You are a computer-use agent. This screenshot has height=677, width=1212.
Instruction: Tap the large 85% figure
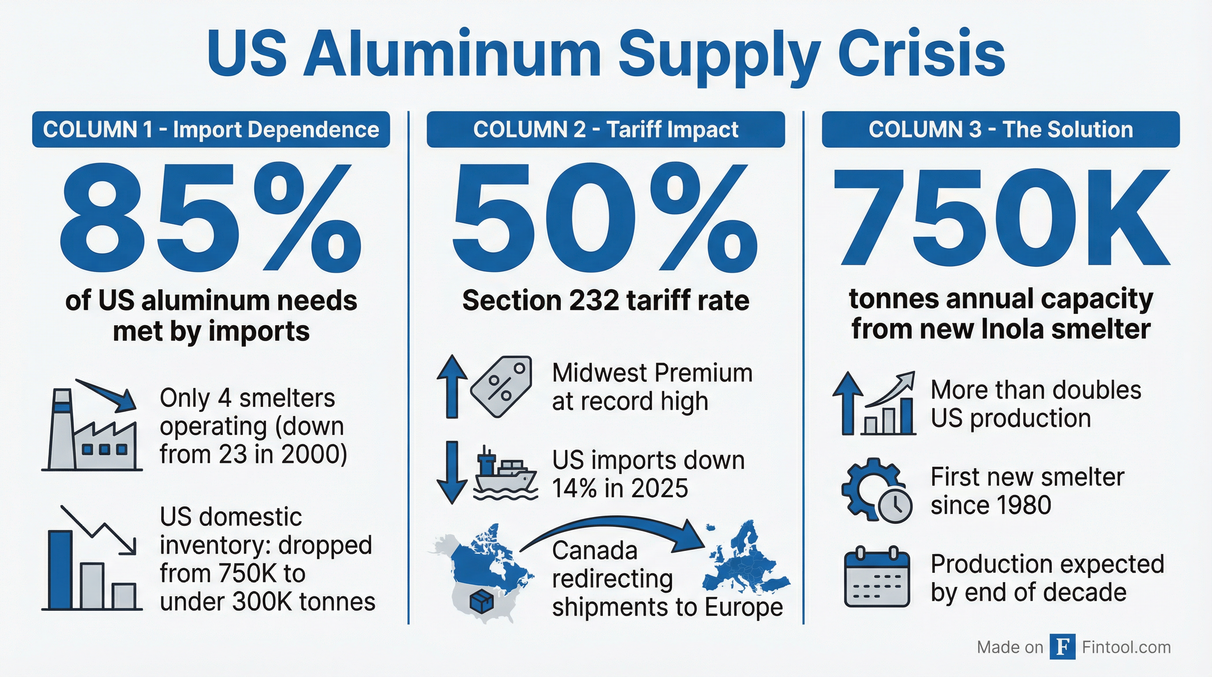[211, 219]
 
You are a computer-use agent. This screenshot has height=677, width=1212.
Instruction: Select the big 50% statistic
[605, 219]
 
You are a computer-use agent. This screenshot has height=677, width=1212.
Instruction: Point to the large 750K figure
[1000, 219]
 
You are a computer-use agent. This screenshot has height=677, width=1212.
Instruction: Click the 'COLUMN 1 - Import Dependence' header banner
[211, 130]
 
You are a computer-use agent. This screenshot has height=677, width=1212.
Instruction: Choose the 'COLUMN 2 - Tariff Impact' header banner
[606, 130]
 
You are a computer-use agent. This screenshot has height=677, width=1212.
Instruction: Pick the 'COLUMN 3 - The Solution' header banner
[1000, 130]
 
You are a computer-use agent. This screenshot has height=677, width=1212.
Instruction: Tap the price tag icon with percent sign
[502, 386]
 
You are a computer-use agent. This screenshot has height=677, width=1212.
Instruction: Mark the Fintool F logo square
[1062, 647]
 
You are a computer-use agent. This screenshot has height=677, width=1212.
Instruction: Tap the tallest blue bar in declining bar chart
[60, 569]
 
